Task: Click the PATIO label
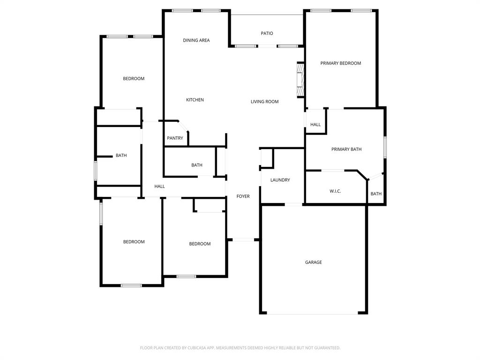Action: pyautogui.click(x=267, y=33)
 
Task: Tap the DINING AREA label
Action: pyautogui.click(x=196, y=40)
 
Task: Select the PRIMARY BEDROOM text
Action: pyautogui.click(x=340, y=63)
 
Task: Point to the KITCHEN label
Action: pyautogui.click(x=195, y=100)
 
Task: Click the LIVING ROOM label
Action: pyautogui.click(x=264, y=102)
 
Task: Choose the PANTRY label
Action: pyautogui.click(x=175, y=138)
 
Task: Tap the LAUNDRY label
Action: pyautogui.click(x=280, y=180)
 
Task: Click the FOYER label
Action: pyautogui.click(x=243, y=196)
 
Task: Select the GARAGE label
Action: pyautogui.click(x=313, y=262)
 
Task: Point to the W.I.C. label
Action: pyautogui.click(x=335, y=191)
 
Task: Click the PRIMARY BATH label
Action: pyautogui.click(x=346, y=150)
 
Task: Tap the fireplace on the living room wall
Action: pyautogui.click(x=300, y=80)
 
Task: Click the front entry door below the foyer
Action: pyautogui.click(x=243, y=240)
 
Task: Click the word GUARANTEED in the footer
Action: pyautogui.click(x=325, y=348)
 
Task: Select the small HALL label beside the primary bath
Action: pyautogui.click(x=315, y=125)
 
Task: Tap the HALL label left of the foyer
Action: pyautogui.click(x=159, y=187)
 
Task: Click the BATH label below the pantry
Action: pyautogui.click(x=196, y=165)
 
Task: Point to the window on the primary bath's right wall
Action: pyautogui.click(x=385, y=147)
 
